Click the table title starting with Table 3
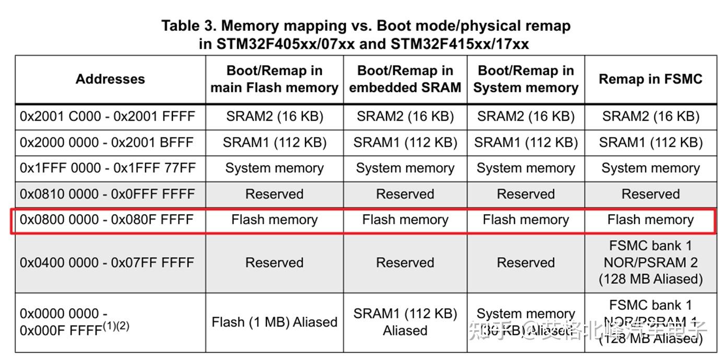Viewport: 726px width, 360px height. (366, 34)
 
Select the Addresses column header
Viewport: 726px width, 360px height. (110, 79)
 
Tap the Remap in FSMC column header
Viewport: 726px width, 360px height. (650, 79)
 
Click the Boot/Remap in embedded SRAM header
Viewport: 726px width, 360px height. (405, 79)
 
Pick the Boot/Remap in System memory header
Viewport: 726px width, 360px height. (525, 79)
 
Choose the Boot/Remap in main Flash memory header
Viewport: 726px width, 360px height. (274, 79)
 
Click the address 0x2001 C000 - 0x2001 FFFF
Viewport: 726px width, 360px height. (107, 117)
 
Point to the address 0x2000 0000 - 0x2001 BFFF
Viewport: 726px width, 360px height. (107, 142)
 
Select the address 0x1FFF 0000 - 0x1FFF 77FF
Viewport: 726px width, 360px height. (107, 168)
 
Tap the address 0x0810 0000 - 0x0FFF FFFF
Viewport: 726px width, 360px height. (107, 194)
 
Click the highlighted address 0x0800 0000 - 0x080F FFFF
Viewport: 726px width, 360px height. (107, 220)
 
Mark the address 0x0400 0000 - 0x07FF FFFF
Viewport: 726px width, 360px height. (107, 262)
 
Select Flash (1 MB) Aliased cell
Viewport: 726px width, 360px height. (274, 322)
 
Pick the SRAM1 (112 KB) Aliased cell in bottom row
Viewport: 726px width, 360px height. (405, 322)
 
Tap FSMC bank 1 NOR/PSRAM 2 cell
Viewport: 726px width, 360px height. (650, 262)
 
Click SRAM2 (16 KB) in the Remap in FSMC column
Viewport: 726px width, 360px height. (650, 117)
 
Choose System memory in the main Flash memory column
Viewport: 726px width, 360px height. (274, 168)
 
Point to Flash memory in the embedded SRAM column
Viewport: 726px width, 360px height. (405, 220)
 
